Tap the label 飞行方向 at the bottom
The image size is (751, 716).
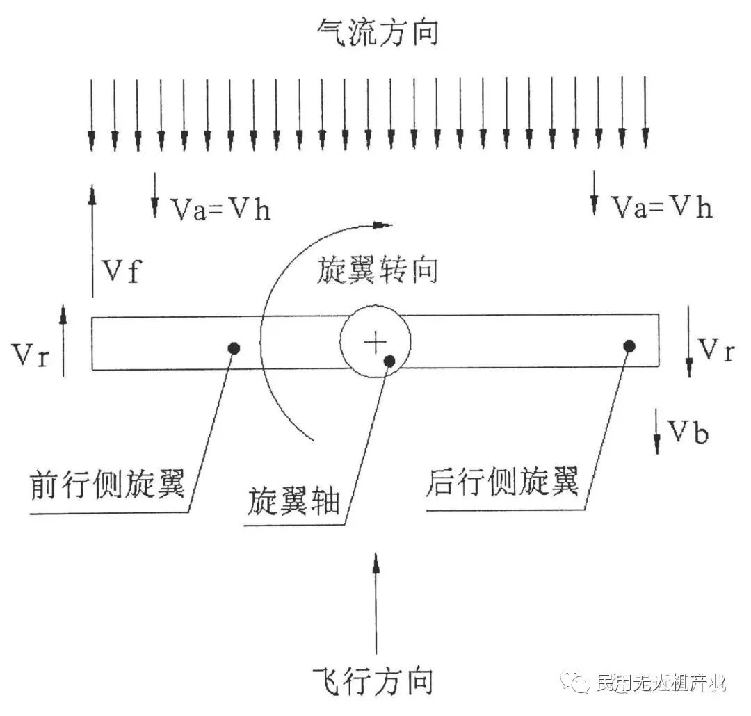pos(373,681)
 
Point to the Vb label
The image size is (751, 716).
pos(689,433)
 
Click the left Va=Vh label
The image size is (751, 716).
pos(220,209)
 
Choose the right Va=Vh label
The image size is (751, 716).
pos(661,207)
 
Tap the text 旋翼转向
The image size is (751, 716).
pos(378,270)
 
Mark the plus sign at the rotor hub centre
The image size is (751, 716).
pos(375,341)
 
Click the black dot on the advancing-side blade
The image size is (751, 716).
pos(234,348)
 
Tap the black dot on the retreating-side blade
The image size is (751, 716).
pos(629,345)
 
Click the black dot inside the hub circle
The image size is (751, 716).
pos(389,360)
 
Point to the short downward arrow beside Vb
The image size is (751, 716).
pos(656,431)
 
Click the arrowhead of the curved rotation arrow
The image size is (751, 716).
pos(382,225)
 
